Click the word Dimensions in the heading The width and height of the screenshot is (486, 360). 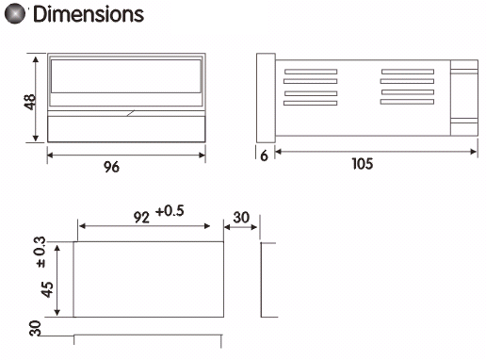[89, 14]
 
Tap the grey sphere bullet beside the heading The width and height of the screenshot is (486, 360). [15, 14]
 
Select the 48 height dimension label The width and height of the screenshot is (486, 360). [30, 102]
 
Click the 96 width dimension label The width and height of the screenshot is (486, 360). [111, 167]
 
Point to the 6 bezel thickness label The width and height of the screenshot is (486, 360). [265, 155]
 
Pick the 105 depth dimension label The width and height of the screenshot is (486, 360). [363, 164]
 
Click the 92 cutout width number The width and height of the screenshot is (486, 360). [141, 217]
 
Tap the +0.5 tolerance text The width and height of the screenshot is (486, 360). [170, 211]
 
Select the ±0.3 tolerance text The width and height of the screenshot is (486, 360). [40, 253]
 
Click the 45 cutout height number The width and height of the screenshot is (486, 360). [47, 289]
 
